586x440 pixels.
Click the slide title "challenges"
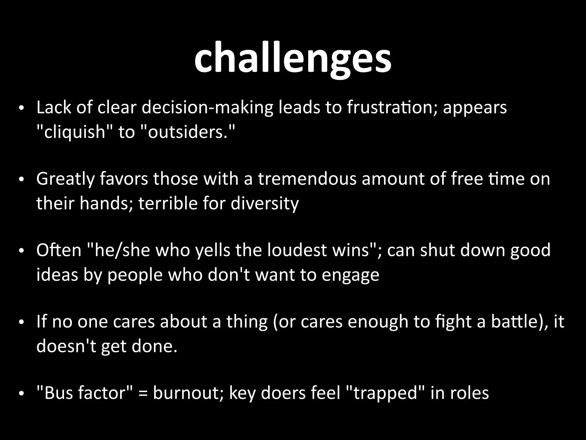tap(293, 57)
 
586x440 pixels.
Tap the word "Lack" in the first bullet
tap(54, 107)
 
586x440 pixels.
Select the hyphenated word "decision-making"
tap(207, 108)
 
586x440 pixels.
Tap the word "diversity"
tap(264, 204)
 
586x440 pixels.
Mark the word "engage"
tap(351, 275)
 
